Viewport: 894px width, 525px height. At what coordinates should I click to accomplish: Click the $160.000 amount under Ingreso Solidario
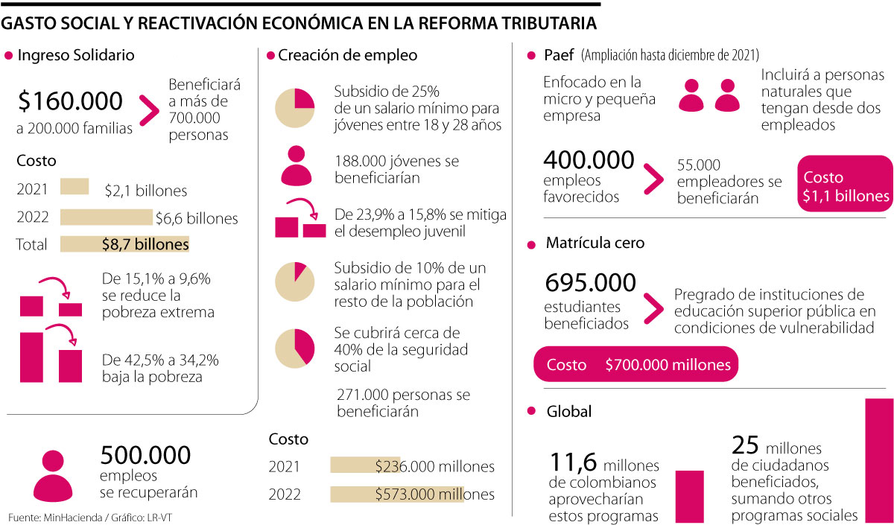pos(70,101)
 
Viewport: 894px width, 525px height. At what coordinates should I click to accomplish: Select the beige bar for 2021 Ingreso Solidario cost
pos(74,186)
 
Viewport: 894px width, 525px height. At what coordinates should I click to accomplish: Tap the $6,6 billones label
pos(197,219)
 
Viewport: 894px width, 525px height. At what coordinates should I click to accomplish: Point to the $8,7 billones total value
pos(145,244)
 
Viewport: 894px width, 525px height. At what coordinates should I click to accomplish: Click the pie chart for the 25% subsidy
pos(297,108)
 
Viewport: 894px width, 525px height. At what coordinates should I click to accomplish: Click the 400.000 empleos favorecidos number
pos(589,160)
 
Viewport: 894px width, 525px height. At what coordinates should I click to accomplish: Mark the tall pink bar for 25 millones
pos(878,460)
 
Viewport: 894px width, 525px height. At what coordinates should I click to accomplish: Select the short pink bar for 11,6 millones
pos(689,496)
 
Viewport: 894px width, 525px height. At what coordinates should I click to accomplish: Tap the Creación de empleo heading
pos(347,55)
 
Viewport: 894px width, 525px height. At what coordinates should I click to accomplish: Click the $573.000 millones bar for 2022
pos(396,494)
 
